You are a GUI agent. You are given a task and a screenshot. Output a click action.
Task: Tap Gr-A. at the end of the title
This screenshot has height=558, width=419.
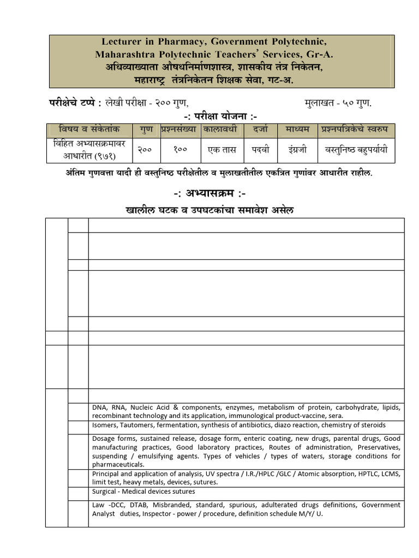(x=320, y=54)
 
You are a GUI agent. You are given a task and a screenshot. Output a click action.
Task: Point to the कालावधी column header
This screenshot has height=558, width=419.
(x=222, y=130)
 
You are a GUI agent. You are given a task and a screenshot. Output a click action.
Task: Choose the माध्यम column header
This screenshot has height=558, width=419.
(x=297, y=130)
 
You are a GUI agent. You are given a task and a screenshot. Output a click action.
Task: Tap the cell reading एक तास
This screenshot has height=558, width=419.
(x=222, y=148)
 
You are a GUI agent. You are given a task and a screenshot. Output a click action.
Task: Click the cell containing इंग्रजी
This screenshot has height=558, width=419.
(x=297, y=148)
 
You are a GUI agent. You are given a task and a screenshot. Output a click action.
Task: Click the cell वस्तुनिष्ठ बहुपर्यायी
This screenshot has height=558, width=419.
(x=356, y=148)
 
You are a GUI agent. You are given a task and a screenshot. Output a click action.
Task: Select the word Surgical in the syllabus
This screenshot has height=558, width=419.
(x=105, y=492)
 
